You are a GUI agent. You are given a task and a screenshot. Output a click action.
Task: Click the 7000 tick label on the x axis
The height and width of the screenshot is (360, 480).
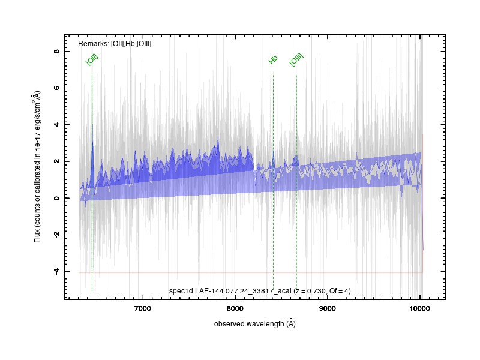pos(143,308)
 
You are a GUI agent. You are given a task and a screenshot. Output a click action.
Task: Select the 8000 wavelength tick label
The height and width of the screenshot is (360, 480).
pos(235,308)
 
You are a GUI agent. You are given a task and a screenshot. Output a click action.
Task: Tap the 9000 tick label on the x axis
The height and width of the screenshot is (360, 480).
pos(327,308)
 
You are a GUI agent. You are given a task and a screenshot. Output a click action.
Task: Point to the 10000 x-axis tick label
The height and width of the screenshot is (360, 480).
pos(419,308)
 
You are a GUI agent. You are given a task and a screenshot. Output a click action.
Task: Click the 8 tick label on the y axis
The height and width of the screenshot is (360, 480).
pos(56,51)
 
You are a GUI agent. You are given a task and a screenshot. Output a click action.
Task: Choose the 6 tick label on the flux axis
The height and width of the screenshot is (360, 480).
pos(56,88)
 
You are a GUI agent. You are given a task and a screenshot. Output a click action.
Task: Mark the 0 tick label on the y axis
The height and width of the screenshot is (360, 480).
pos(56,198)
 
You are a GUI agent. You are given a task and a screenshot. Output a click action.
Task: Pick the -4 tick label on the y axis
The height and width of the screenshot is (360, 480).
pos(56,271)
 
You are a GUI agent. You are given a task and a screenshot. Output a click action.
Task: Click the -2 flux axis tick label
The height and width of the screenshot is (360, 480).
pos(56,234)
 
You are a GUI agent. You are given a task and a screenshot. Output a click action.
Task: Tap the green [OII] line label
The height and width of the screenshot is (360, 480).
pos(92,59)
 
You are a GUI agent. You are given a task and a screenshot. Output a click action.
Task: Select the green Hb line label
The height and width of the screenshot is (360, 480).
pos(273,59)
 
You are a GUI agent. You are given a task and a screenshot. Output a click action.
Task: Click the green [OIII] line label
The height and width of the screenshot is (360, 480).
pos(296,59)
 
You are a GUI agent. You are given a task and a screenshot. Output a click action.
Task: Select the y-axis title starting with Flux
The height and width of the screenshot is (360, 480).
pos(37,167)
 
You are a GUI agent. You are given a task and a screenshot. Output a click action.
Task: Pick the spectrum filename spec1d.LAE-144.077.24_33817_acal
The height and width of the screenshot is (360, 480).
pos(230,291)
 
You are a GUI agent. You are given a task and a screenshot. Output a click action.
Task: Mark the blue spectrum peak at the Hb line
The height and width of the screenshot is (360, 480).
pos(274,150)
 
